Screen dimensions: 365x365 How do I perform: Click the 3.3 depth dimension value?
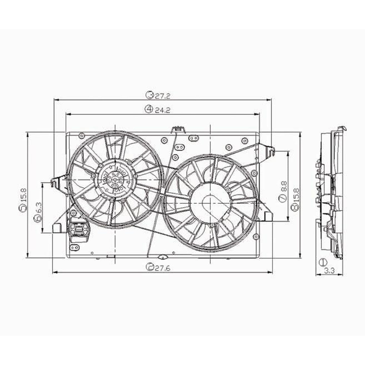pos(329,271)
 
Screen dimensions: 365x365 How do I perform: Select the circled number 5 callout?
pos(22,208)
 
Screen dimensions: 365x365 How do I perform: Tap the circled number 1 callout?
pos(322,262)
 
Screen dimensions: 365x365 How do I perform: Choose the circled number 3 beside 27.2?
pos(149,96)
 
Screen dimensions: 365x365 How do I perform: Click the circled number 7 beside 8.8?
pos(284,198)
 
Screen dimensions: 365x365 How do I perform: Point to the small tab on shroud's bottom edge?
pos(162,256)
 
